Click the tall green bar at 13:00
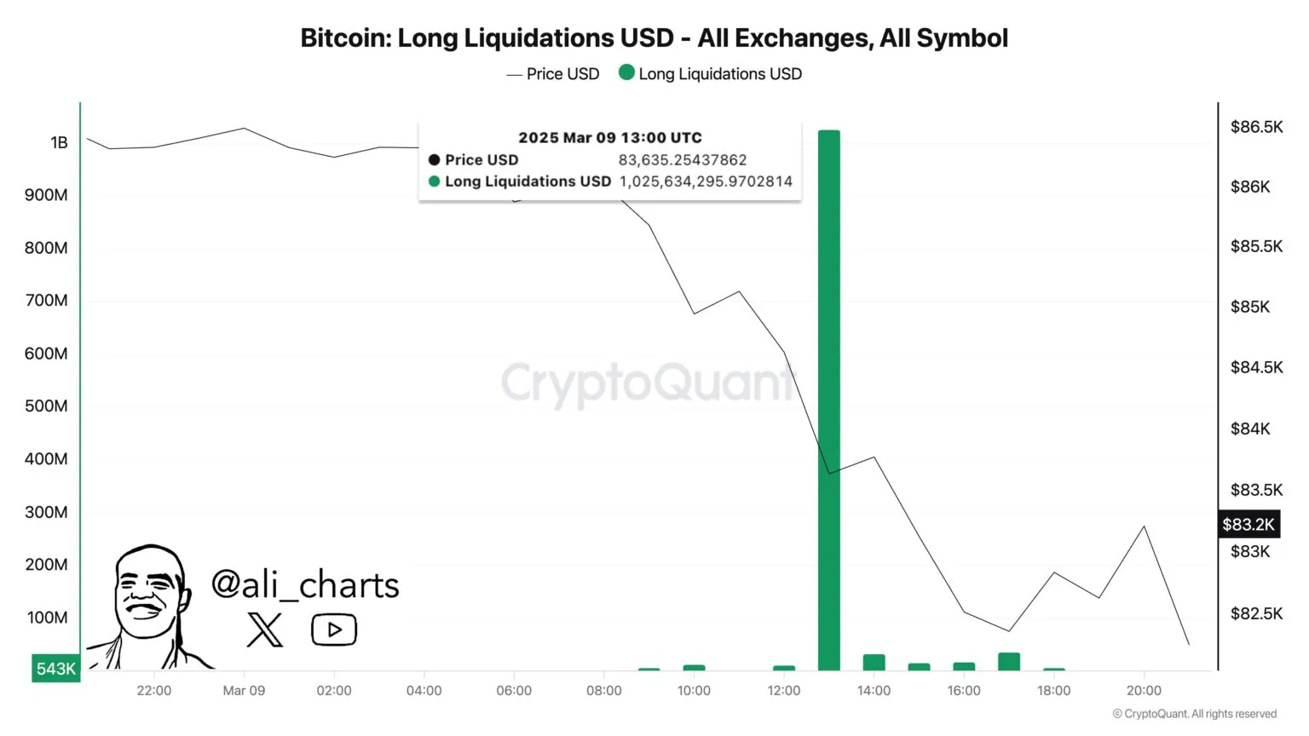tap(828, 400)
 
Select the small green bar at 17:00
tap(1008, 662)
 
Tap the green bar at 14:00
tap(874, 663)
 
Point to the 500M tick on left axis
tap(46, 406)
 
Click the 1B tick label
tap(59, 142)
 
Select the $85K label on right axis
tap(1249, 307)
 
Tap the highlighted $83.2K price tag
tap(1248, 525)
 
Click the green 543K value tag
tap(55, 669)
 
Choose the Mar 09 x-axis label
tap(244, 691)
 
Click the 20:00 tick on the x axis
tap(1144, 691)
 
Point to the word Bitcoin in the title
tap(344, 38)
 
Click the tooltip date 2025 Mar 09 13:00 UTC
tap(610, 138)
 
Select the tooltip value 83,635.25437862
tap(682, 160)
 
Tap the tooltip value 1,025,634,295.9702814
tap(706, 181)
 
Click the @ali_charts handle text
tap(305, 585)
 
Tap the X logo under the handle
tap(264, 630)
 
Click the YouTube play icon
tap(334, 630)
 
